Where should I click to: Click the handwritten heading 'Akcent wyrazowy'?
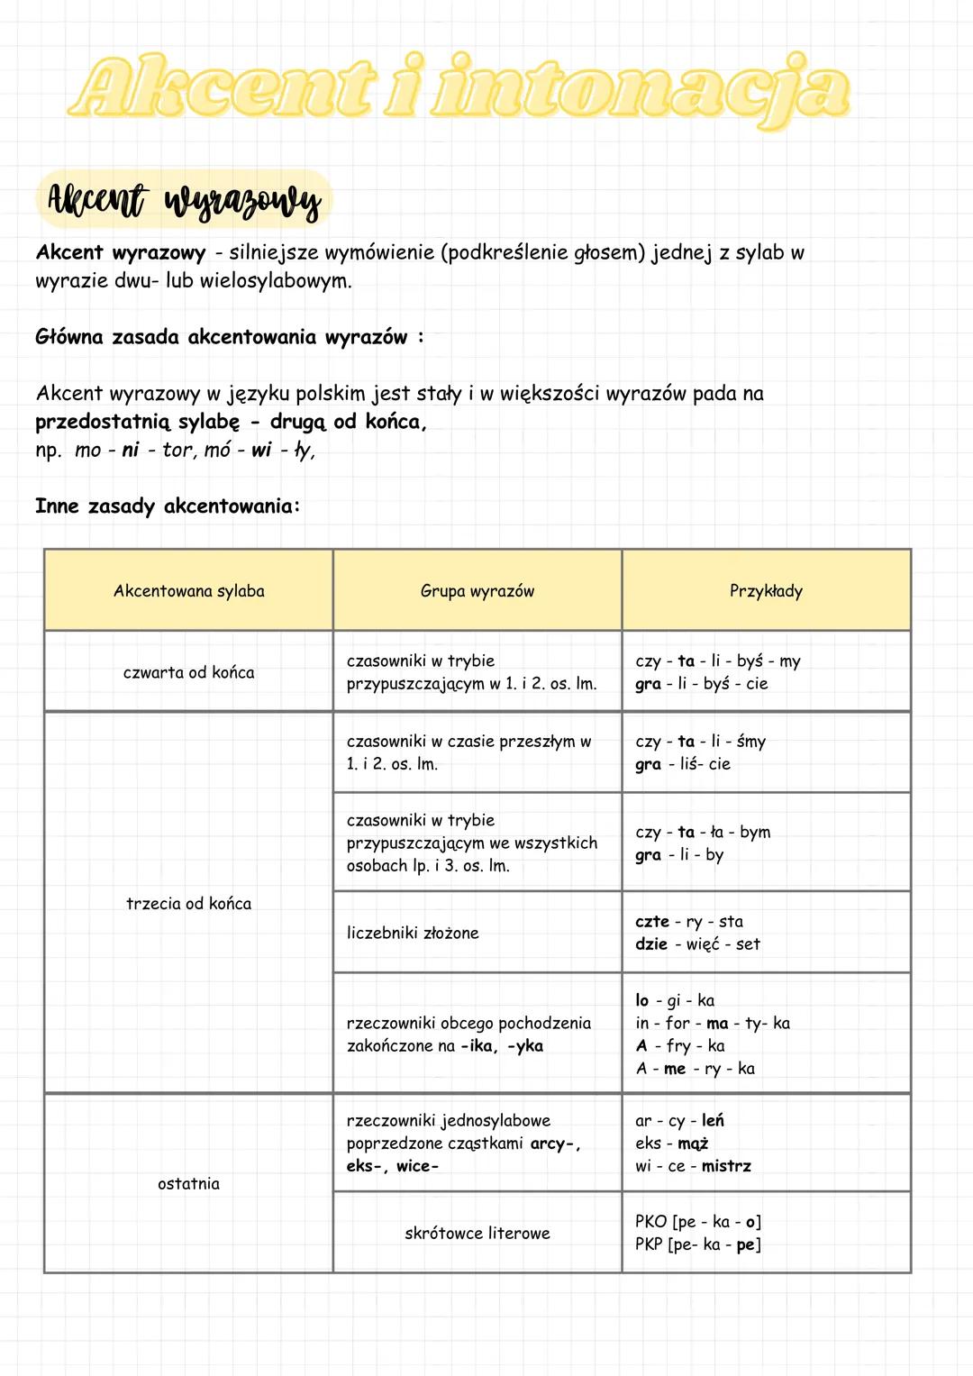pyautogui.click(x=185, y=200)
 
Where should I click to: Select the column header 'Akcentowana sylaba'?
pyautogui.click(x=189, y=591)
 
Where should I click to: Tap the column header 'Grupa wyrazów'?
pyautogui.click(x=477, y=591)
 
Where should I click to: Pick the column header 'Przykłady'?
pyautogui.click(x=766, y=591)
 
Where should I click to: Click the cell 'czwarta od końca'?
pyautogui.click(x=189, y=672)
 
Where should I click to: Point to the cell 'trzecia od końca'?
pyautogui.click(x=189, y=904)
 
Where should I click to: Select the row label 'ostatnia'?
pyautogui.click(x=189, y=1184)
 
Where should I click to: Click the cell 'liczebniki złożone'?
pyautogui.click(x=413, y=933)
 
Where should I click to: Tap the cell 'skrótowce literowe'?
pyautogui.click(x=477, y=1234)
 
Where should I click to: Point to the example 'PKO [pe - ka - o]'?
pyautogui.click(x=698, y=1222)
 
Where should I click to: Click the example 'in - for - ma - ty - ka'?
pyautogui.click(x=713, y=1023)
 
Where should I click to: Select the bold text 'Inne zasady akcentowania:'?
pyautogui.click(x=168, y=506)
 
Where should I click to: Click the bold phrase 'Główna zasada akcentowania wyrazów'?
pyautogui.click(x=222, y=337)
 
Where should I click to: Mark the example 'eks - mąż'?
pyautogui.click(x=672, y=1144)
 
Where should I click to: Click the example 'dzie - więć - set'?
pyautogui.click(x=698, y=944)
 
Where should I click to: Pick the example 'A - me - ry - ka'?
pyautogui.click(x=696, y=1069)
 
